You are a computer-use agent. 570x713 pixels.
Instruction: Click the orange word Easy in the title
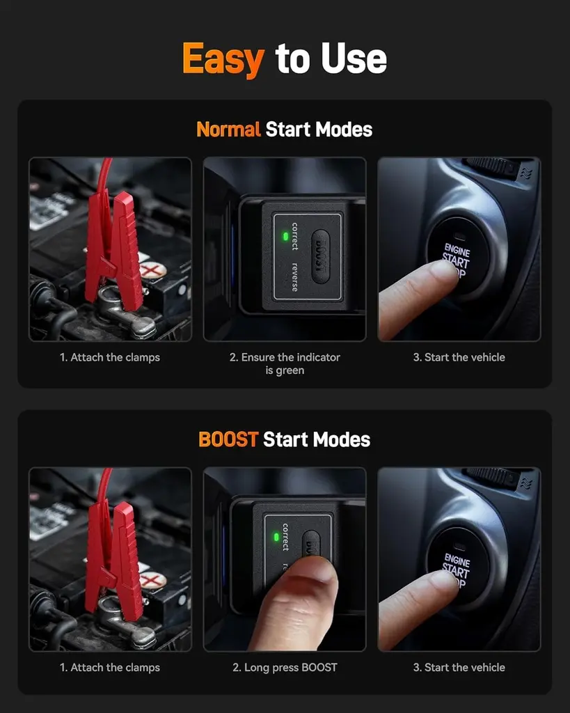[x=223, y=58]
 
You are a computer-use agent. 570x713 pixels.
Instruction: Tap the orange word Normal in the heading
[x=228, y=130]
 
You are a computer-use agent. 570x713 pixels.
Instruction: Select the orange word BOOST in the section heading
[x=228, y=439]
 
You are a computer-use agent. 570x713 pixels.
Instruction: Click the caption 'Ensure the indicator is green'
[x=285, y=363]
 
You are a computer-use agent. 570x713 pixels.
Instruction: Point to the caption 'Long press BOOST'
[x=285, y=667]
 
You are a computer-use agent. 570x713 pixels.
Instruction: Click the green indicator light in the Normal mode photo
[x=285, y=236]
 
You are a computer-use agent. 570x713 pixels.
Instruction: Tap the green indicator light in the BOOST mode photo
[x=276, y=537]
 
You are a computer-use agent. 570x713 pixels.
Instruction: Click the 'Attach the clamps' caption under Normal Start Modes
[x=110, y=357]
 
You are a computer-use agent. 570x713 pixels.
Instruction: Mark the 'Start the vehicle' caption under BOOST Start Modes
[x=459, y=667]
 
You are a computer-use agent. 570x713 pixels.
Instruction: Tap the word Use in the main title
[x=351, y=58]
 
